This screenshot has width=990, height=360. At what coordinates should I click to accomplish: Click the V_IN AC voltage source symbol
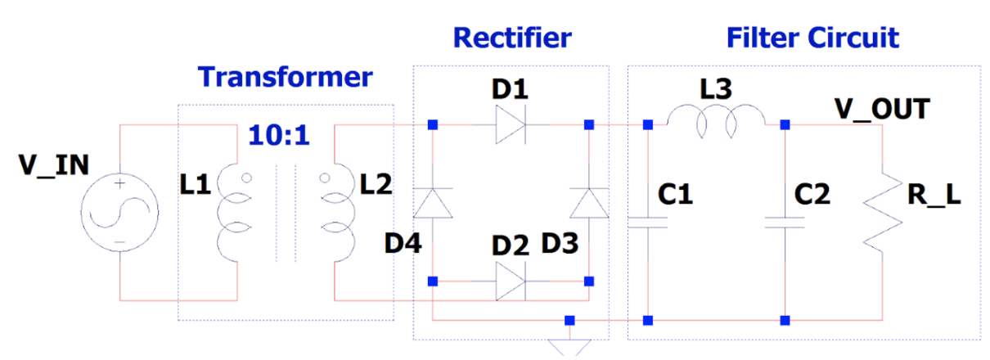(119, 215)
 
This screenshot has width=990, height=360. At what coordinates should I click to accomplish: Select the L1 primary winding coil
(233, 217)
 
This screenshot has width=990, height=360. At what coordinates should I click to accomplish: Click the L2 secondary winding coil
(338, 217)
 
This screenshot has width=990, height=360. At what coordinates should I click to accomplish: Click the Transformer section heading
(285, 78)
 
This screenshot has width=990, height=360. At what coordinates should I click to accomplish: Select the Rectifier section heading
(511, 38)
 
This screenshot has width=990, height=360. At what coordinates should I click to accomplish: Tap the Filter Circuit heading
(812, 38)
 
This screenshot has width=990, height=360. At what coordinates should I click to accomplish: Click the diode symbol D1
(511, 125)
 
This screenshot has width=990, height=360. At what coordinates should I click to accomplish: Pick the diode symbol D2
(511, 281)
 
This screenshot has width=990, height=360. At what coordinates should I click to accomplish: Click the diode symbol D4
(432, 203)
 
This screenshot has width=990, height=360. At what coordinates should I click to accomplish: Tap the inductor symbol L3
(717, 123)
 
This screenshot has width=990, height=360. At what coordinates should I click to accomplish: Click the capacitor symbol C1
(648, 222)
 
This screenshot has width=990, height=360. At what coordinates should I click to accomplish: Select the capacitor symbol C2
(785, 222)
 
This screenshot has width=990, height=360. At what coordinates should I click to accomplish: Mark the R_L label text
(936, 197)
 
